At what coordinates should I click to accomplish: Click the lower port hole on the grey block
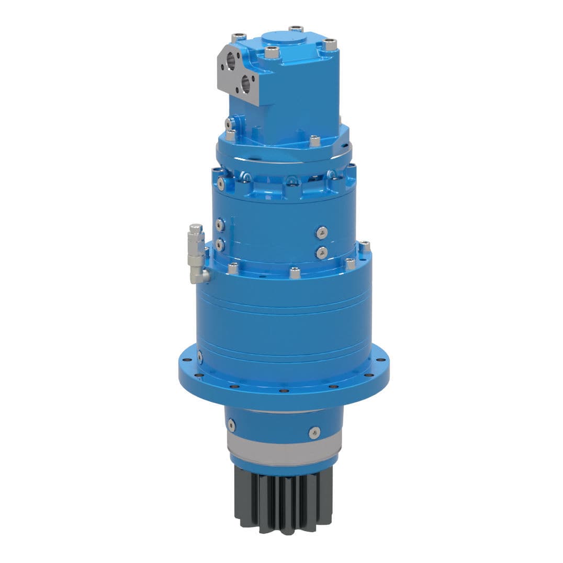245,83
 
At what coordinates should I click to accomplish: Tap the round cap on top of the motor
282,37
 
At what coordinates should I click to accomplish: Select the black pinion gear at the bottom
283,500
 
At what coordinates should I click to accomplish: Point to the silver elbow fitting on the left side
199,275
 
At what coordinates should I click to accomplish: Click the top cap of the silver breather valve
196,229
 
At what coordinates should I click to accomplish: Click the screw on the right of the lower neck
314,432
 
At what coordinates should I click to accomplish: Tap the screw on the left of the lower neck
231,425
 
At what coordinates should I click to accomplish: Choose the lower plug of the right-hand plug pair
322,252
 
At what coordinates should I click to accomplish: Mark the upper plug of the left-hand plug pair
220,225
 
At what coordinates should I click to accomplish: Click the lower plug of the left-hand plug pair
220,244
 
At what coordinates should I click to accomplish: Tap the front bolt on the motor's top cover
271,52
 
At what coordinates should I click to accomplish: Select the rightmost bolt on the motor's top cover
330,45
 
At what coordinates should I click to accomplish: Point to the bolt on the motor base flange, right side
314,141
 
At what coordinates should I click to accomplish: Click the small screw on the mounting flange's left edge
199,357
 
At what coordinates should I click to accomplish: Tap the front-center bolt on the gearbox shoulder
295,273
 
